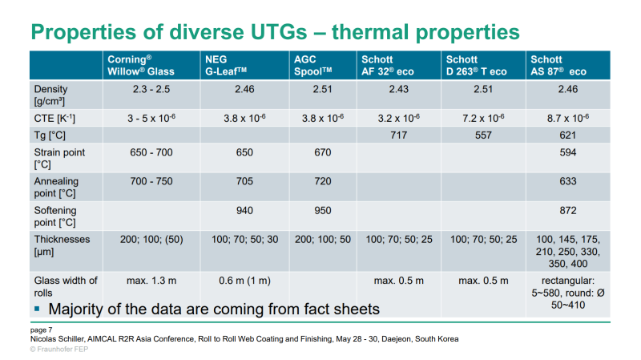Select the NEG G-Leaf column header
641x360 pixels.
[x=227, y=65]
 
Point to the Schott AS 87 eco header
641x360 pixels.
[x=558, y=65]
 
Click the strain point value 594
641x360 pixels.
[x=568, y=152]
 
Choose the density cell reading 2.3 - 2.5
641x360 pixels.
[x=151, y=89]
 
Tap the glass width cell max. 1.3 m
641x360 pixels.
[x=151, y=280]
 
